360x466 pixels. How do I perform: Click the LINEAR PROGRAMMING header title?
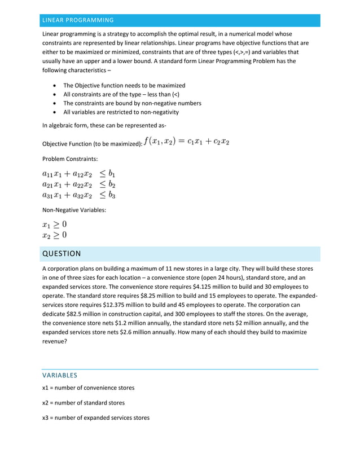coord(78,20)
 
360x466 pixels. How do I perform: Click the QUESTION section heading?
coord(62,253)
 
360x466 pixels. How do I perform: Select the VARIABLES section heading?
coord(60,375)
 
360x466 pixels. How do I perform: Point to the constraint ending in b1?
coord(78,174)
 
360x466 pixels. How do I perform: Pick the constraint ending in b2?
coord(78,184)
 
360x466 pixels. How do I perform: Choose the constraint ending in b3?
coord(78,195)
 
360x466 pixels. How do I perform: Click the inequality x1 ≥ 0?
coord(54,224)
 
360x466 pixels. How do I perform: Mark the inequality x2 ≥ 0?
coord(54,235)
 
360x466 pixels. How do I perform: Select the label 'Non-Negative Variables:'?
coord(74,210)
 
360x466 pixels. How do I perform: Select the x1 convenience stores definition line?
coord(88,388)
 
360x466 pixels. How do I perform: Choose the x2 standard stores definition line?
coord(84,403)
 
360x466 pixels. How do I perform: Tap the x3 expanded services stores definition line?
coord(96,418)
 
